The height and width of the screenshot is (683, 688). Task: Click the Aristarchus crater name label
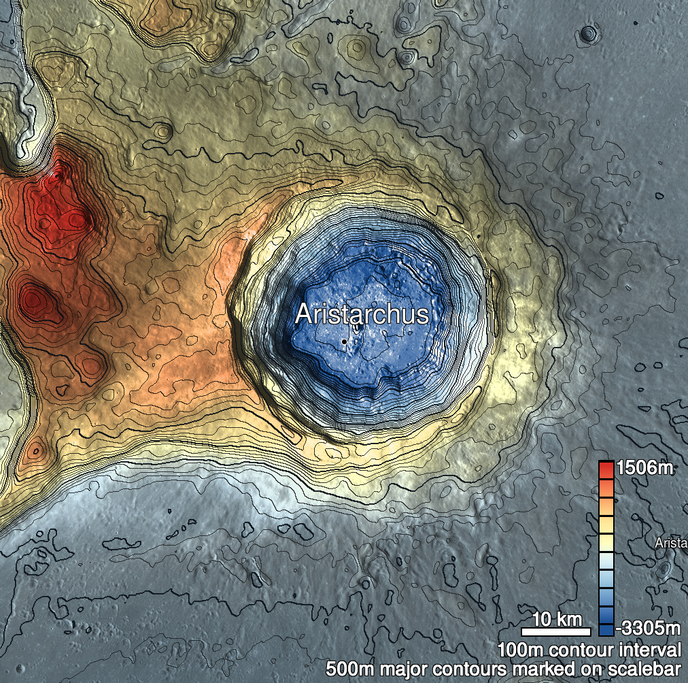pyautogui.click(x=362, y=314)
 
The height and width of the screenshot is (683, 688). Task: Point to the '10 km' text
pyautogui.click(x=557, y=619)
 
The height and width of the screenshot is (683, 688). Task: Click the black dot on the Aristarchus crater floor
pyautogui.click(x=345, y=341)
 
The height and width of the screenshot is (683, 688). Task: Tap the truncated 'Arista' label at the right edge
pyautogui.click(x=671, y=543)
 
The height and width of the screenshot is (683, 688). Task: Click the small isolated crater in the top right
pyautogui.click(x=588, y=33)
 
